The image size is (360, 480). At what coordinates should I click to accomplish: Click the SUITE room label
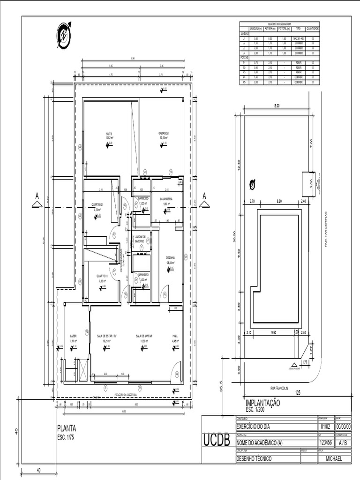coord(109,134)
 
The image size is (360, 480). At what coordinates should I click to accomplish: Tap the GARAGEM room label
coord(163,134)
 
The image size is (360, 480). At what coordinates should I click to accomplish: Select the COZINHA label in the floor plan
coord(170,258)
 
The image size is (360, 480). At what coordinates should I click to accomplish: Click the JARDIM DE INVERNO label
coord(143,239)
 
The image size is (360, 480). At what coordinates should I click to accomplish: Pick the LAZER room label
coord(73,336)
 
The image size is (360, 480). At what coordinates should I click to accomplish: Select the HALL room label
coord(175,336)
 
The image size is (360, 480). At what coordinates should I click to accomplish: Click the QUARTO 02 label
coord(97,205)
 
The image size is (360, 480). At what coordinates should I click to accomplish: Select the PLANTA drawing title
coord(67,427)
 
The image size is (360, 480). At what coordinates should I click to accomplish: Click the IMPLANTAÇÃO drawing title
coord(262,403)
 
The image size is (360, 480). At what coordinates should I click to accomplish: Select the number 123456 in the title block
coord(325,442)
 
